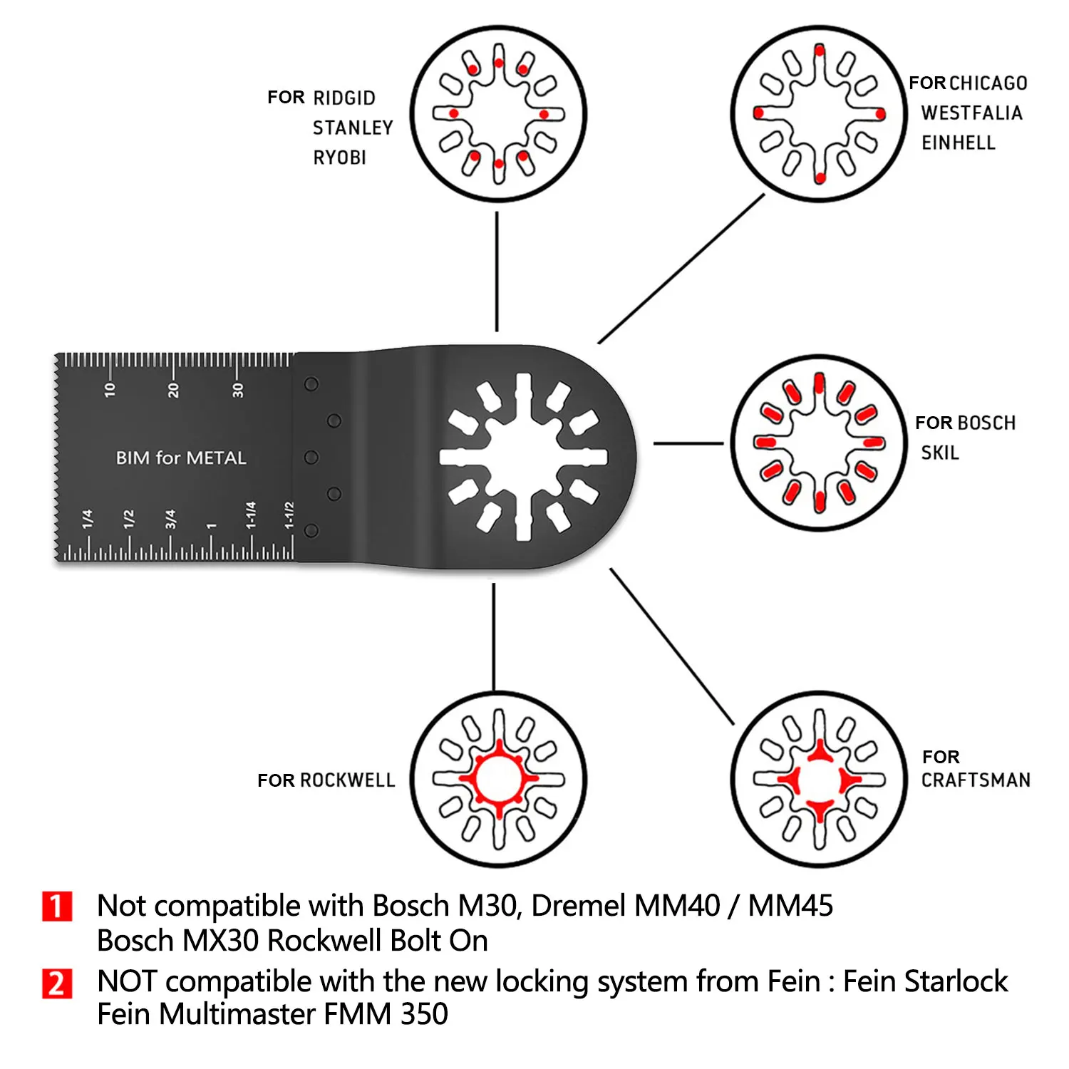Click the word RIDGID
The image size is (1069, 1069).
[x=344, y=98]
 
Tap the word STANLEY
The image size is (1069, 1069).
[x=353, y=128]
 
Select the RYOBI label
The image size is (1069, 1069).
[x=339, y=157]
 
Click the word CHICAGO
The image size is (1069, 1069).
[x=988, y=83]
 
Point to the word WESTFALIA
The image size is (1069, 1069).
[x=971, y=113]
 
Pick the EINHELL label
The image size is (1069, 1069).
[x=959, y=143]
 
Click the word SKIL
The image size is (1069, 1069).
[x=940, y=453]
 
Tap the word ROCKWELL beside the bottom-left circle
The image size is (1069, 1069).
[x=347, y=780]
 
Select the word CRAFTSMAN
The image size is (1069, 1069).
[x=976, y=780]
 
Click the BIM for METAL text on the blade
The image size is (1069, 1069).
[x=181, y=458]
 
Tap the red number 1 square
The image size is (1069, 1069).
[x=57, y=907]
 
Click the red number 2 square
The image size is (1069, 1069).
[x=57, y=983]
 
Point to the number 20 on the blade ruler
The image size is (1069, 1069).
[x=173, y=389]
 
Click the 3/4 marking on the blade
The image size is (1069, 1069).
[x=170, y=519]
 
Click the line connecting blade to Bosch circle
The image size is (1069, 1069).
[x=688, y=443]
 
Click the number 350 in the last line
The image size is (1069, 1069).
[x=424, y=1014]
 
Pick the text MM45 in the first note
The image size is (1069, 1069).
[x=790, y=906]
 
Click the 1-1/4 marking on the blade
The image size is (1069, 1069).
[x=250, y=515]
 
